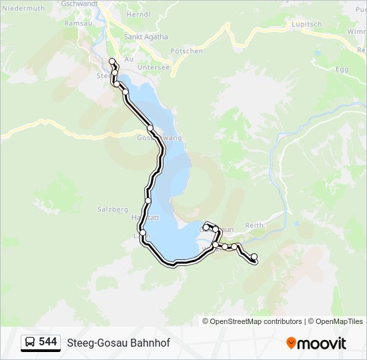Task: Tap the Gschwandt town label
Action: click(x=79, y=3)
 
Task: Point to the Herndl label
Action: click(x=138, y=14)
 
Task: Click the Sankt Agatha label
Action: click(x=146, y=37)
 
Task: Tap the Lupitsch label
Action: click(x=306, y=24)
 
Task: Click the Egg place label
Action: click(x=342, y=69)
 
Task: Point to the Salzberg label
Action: click(x=112, y=209)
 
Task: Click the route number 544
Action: click(x=48, y=342)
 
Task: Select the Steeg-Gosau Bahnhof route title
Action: click(x=118, y=343)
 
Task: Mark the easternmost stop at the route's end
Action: click(x=254, y=257)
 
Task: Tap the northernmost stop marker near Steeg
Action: click(x=111, y=62)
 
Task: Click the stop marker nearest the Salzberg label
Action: click(x=147, y=201)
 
